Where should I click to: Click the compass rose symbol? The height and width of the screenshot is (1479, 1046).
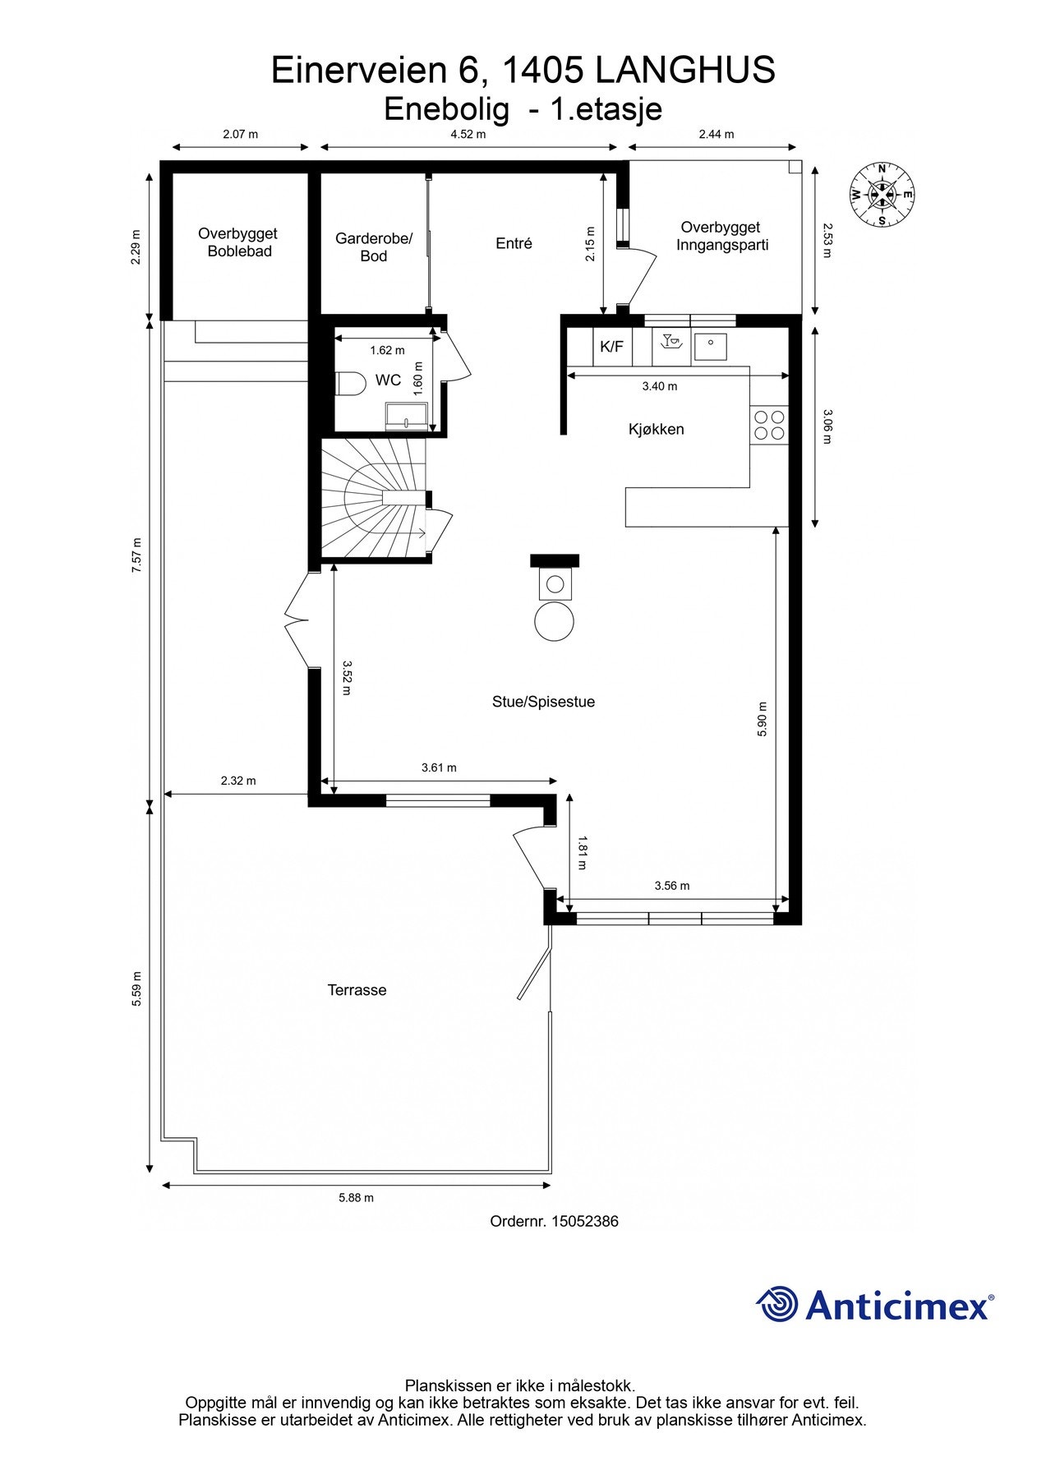(882, 195)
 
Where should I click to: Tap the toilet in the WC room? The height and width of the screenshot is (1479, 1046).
(350, 383)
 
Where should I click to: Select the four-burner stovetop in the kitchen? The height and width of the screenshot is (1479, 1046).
(769, 425)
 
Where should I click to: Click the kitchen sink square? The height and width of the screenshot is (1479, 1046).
(710, 347)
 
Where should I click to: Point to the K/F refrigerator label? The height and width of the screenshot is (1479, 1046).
(611, 347)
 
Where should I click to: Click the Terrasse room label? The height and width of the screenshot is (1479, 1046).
(357, 990)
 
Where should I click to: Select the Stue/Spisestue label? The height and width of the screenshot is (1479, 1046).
(543, 702)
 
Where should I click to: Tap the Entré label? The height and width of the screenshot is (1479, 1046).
(514, 243)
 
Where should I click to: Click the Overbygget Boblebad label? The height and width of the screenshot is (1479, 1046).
(238, 242)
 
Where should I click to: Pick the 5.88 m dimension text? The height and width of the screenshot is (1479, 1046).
(356, 1197)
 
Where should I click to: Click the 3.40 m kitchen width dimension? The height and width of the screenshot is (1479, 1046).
(660, 386)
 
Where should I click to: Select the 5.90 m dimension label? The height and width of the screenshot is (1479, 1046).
(762, 719)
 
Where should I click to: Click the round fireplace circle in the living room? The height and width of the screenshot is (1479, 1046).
(554, 622)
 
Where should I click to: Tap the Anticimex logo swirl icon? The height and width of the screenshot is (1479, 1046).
(777, 1304)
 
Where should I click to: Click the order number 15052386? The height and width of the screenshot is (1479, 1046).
(584, 1221)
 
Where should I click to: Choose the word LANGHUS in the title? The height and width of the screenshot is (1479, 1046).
(684, 71)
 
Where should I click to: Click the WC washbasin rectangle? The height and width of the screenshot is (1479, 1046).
(407, 417)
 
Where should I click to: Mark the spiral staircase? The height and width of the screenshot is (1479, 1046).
(374, 498)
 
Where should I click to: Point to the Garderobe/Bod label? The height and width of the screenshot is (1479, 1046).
(374, 247)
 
